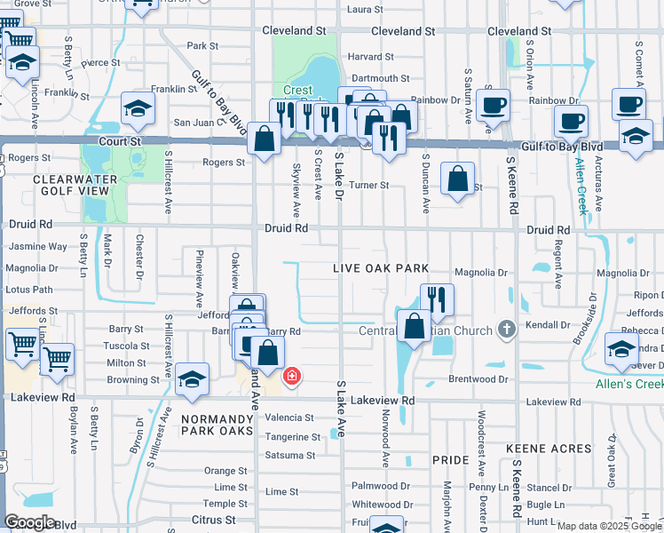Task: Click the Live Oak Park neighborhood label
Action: tap(381, 268)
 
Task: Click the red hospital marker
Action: tap(290, 378)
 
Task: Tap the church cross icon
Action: tap(506, 330)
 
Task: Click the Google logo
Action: tap(29, 522)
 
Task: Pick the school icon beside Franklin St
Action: tap(138, 108)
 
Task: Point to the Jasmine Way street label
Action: tap(36, 247)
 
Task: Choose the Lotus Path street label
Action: tap(29, 290)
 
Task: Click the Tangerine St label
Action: tap(293, 437)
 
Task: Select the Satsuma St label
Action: tap(290, 456)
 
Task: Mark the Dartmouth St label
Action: tap(380, 79)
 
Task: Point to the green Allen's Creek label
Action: tap(628, 384)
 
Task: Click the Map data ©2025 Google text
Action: tap(608, 526)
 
